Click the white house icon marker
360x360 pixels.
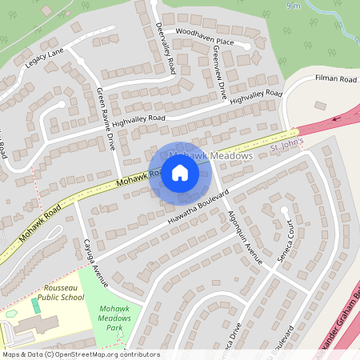pos(179,172)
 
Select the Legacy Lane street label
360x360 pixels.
pos(43,53)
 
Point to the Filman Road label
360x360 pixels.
pos(335,79)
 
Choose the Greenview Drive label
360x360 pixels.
pos(218,70)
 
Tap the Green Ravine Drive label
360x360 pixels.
pos(107,120)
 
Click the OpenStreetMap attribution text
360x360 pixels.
pos(68,354)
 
